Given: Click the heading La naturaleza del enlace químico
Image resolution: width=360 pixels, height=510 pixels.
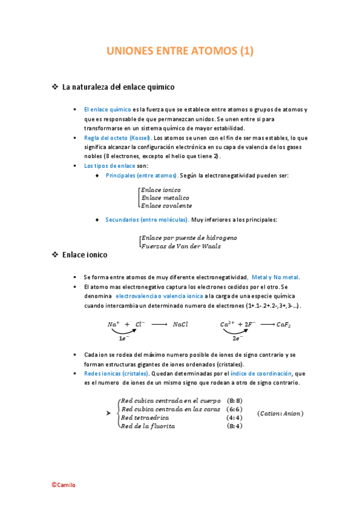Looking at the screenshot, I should point(118,87).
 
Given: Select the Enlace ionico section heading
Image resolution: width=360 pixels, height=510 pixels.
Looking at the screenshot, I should point(85,255).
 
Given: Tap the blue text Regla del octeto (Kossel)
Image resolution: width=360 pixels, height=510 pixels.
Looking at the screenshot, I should point(117,138).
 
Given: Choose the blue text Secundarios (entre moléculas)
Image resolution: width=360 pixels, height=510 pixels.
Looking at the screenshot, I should point(147,220).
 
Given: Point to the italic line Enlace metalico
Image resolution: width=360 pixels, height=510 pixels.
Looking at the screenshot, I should point(165,198).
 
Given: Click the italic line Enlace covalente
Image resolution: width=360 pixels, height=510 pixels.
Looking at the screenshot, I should point(167,206).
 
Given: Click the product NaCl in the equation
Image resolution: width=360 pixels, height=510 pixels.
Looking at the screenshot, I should point(180,324).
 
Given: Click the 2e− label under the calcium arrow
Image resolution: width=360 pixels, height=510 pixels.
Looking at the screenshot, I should point(237,339).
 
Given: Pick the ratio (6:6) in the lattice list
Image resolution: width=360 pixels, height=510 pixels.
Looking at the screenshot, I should point(235,409).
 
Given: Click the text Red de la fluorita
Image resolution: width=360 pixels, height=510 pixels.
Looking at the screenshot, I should point(148,426).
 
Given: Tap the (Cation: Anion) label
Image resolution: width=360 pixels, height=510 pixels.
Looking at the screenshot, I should point(280,413).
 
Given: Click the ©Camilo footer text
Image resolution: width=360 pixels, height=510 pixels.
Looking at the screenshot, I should point(64,485).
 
